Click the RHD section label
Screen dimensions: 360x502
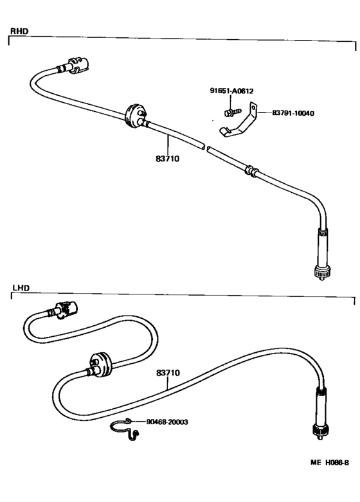19,31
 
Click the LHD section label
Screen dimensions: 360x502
21,288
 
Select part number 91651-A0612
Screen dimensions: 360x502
231,91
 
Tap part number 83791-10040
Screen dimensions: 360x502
293,113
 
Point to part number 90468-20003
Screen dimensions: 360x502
167,422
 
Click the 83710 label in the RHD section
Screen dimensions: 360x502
168,159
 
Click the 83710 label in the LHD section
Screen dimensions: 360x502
168,373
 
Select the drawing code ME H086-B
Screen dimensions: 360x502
330,463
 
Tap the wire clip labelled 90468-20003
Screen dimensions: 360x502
125,429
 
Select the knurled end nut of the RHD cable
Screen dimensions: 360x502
322,271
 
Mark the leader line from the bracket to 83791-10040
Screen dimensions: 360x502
265,112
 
